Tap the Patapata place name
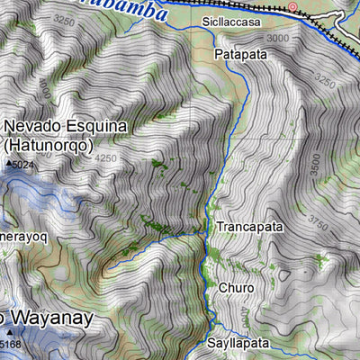240,55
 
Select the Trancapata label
249,228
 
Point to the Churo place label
236,288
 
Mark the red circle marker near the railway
292,7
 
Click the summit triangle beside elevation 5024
10,165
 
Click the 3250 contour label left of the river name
64,18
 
